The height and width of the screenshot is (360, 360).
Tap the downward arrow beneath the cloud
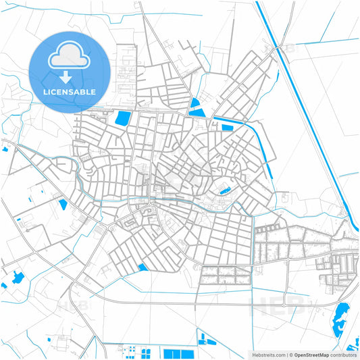point(70,78)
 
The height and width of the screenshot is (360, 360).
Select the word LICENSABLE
point(70,91)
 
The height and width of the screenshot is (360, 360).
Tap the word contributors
point(344,355)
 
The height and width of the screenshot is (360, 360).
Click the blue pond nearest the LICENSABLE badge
point(123,119)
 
